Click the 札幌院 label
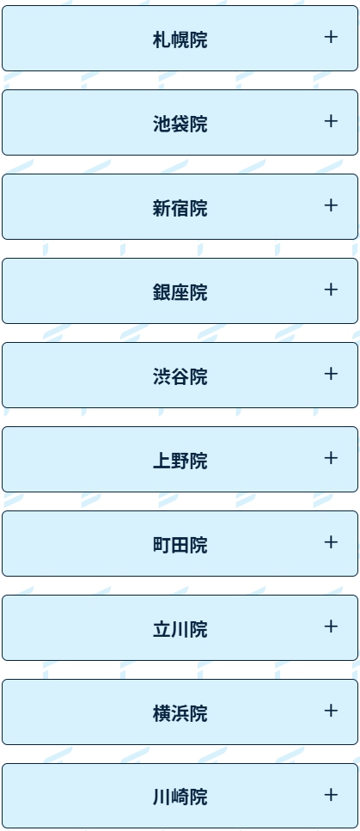click(x=180, y=40)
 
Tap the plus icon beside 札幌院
click(x=331, y=37)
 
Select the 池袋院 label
click(x=180, y=124)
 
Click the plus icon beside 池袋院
click(x=331, y=121)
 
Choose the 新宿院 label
click(x=180, y=208)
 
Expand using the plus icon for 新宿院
click(x=331, y=205)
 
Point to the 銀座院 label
click(x=180, y=292)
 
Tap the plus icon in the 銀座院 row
click(x=331, y=290)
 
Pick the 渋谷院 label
click(x=180, y=376)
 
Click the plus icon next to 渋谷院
click(x=331, y=374)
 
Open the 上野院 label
click(x=180, y=461)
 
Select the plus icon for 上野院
click(x=331, y=458)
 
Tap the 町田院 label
click(x=180, y=546)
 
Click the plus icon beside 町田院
click(x=331, y=542)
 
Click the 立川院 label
click(x=180, y=630)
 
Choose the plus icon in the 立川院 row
click(x=331, y=626)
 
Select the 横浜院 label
click(x=180, y=714)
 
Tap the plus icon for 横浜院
click(x=331, y=711)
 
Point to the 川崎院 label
click(x=180, y=797)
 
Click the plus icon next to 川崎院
click(x=331, y=795)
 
